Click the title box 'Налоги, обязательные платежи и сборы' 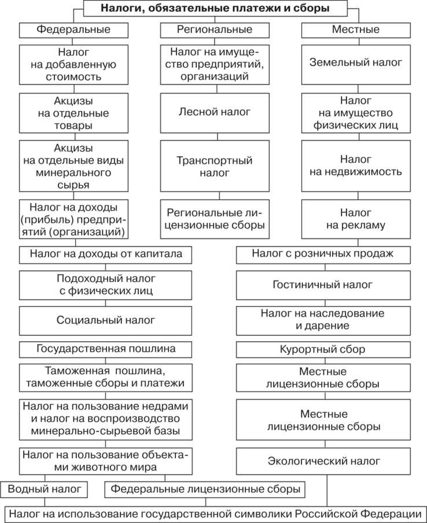[215, 9]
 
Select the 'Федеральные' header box [73, 29]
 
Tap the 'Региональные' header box [214, 29]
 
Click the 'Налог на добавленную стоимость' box [73, 64]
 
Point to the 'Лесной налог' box [215, 111]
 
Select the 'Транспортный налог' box [215, 166]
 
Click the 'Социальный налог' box [106, 319]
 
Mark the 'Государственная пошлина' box [106, 349]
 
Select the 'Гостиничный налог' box [323, 285]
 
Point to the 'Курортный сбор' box [323, 350]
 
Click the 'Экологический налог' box [323, 461]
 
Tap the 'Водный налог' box [47, 489]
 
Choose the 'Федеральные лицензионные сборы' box [205, 489]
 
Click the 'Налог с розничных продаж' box [323, 253]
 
